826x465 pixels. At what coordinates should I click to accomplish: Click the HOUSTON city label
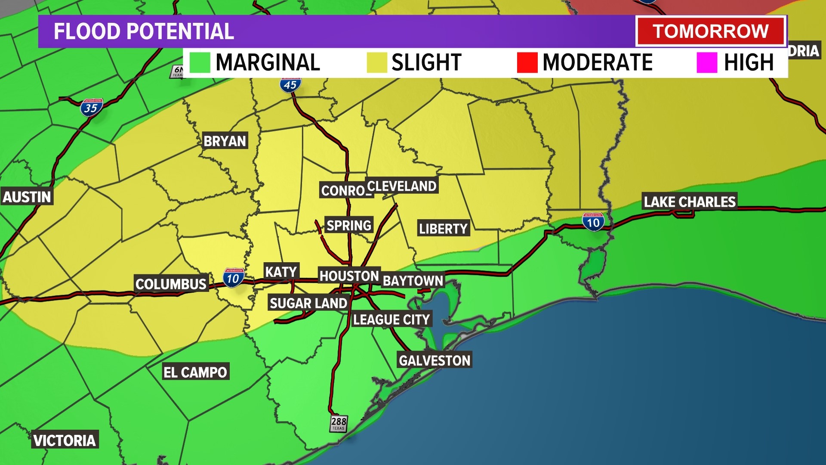[x=349, y=276]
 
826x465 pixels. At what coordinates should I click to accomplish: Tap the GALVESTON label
[x=434, y=360]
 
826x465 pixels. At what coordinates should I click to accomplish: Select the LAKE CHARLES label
[x=689, y=201]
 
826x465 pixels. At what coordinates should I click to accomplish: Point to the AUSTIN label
[x=27, y=197]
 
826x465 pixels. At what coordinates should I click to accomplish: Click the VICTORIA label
[x=65, y=440]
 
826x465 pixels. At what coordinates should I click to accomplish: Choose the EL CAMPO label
[x=195, y=372]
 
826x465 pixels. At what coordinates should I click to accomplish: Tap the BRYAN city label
[x=225, y=141]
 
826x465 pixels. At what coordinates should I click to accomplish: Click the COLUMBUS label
[x=171, y=284]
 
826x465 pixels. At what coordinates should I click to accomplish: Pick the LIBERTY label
[x=443, y=228]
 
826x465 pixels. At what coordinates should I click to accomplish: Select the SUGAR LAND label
[x=308, y=303]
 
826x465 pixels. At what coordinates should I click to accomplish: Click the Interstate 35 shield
[x=91, y=107]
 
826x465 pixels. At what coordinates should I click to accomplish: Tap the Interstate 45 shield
[x=290, y=84]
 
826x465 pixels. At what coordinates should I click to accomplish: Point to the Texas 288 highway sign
[x=339, y=423]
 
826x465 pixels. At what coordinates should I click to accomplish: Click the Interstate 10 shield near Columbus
[x=234, y=278]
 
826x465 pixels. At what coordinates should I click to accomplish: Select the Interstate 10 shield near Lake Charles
[x=593, y=222]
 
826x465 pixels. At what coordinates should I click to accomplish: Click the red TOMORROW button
[x=710, y=31]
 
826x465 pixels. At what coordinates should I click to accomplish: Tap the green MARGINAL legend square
[x=200, y=62]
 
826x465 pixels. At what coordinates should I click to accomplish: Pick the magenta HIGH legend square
[x=707, y=62]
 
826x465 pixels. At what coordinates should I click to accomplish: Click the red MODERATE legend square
[x=527, y=62]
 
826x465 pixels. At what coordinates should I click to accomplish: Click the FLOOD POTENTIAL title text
[x=144, y=31]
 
